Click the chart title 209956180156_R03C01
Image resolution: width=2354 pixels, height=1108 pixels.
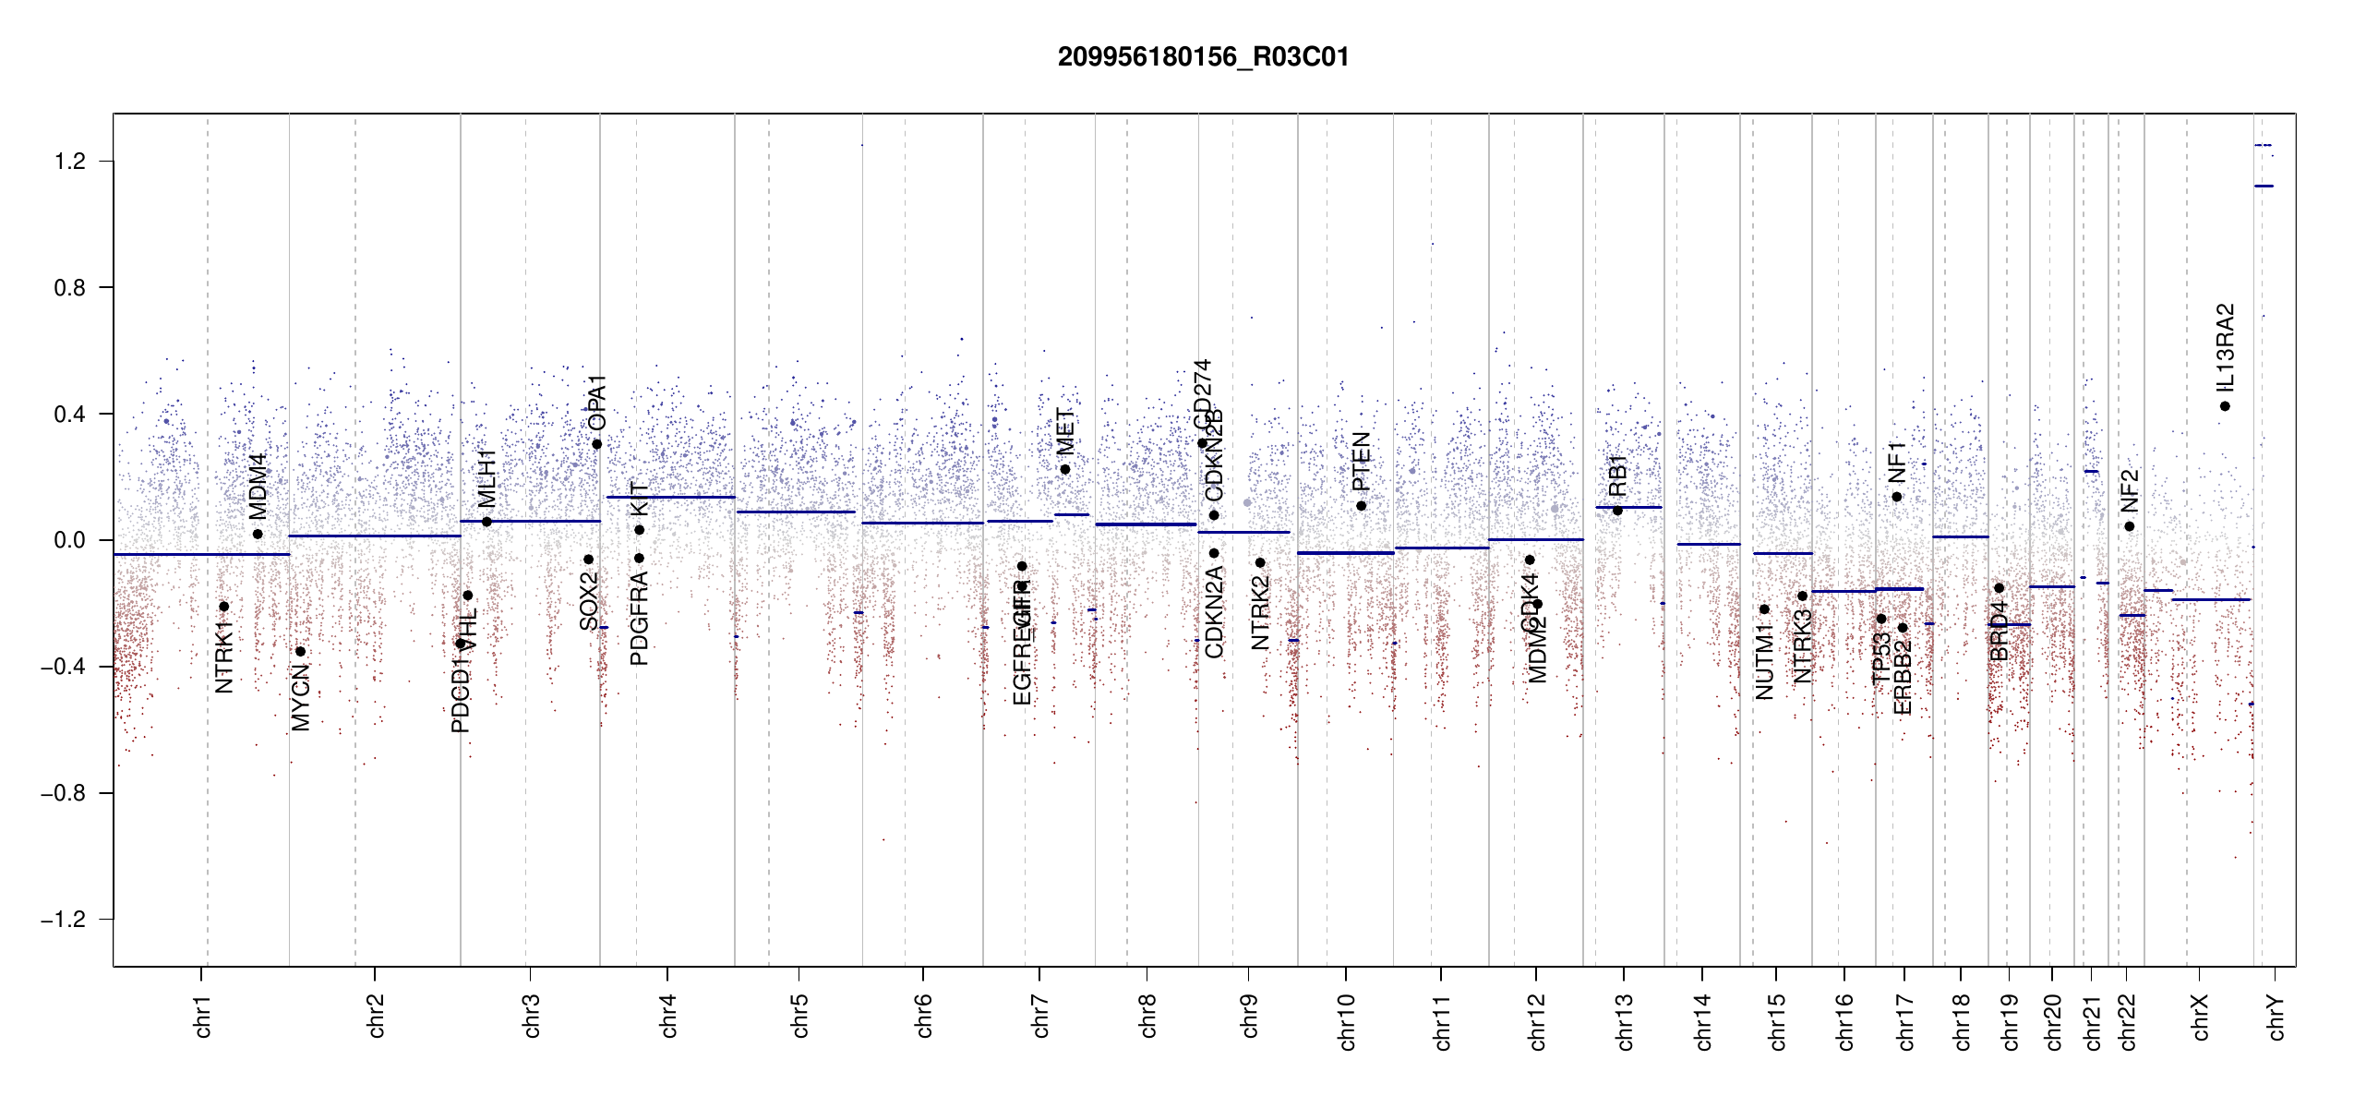pos(1203,57)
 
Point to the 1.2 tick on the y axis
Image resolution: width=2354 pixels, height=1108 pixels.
pos(69,162)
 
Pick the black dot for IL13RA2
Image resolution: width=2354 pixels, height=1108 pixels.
pos(2225,406)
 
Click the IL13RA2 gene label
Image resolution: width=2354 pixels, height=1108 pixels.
pos(2226,347)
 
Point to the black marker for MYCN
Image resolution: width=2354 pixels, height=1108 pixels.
pos(300,652)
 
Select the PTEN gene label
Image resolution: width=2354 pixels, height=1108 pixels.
pos(1361,462)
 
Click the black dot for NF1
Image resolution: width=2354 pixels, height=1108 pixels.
pos(1897,497)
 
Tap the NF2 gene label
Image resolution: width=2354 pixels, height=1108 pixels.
pos(2129,491)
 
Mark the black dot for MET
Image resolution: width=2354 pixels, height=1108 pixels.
pos(1065,470)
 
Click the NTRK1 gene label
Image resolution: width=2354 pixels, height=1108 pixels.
pos(223,657)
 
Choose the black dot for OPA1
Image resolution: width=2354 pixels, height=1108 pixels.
pos(597,444)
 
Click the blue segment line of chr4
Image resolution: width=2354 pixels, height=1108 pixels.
pos(670,498)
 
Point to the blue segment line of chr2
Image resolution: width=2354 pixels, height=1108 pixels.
pos(374,536)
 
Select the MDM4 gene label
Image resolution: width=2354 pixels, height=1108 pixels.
pos(258,487)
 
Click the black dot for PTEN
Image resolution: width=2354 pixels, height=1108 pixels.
pos(1361,506)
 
